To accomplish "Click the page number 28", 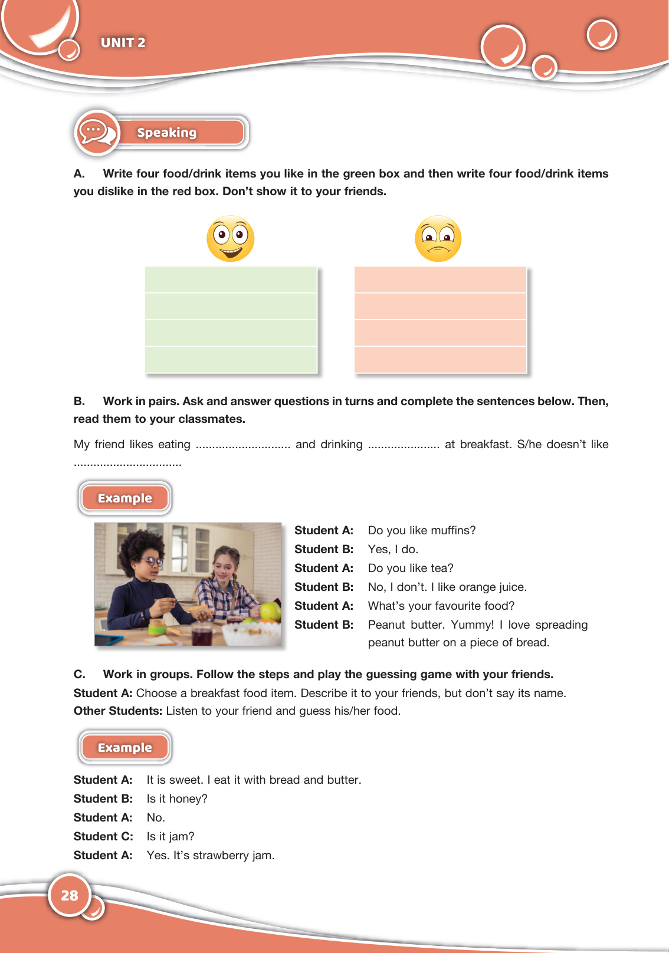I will point(70,895).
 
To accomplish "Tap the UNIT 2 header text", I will point(123,42).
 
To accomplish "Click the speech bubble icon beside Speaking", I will point(97,132).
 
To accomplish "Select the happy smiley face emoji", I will point(231,238).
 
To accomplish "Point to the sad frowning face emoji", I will point(438,238).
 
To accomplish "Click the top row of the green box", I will point(231,280).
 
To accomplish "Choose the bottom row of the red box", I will point(440,359).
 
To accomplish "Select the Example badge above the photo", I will point(125,498).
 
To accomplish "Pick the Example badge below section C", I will point(125,748).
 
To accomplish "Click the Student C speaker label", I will point(103,836).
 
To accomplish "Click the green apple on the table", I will point(270,611).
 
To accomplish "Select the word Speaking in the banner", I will point(167,133).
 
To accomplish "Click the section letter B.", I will point(79,401).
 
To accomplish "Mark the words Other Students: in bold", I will point(117,711).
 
